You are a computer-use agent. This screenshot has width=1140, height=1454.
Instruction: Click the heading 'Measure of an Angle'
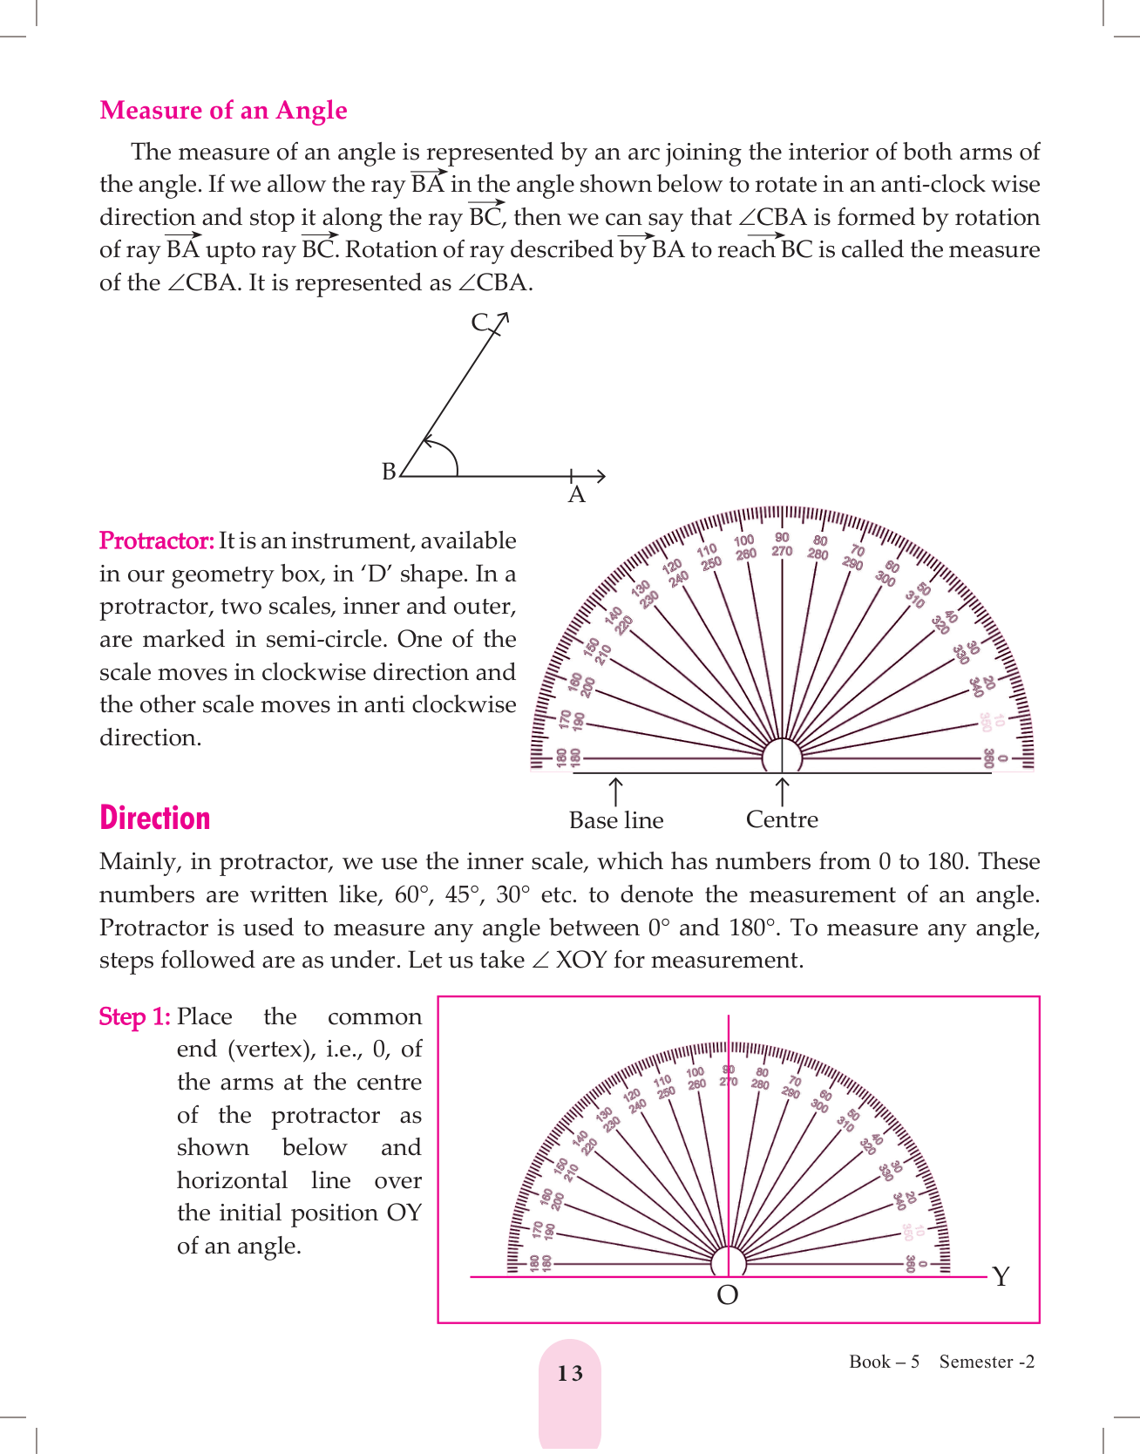tap(223, 111)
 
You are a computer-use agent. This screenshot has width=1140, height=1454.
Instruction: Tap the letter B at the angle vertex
tap(389, 472)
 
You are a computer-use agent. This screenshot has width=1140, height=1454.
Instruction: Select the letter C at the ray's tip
tap(479, 323)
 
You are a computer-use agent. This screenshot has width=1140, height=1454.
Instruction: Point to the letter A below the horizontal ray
tap(576, 495)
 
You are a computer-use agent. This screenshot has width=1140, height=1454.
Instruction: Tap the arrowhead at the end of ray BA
tap(600, 476)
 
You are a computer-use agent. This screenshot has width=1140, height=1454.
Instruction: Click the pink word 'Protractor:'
tap(156, 541)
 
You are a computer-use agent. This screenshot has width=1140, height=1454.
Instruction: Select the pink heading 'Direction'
tap(154, 819)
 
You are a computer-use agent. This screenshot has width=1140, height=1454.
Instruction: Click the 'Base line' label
tap(616, 820)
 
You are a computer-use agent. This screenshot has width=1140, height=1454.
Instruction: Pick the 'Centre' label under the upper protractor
tap(782, 819)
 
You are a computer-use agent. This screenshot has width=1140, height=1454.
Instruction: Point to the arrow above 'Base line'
tap(615, 792)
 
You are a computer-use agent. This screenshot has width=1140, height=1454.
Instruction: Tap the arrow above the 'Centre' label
tap(783, 791)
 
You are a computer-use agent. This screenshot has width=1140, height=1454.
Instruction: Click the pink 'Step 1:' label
tap(134, 1017)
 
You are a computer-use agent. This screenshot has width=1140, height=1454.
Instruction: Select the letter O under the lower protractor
tap(727, 1295)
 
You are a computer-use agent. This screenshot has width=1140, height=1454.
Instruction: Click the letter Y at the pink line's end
tap(1001, 1277)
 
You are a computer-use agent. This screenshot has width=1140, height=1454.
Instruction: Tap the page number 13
tap(570, 1374)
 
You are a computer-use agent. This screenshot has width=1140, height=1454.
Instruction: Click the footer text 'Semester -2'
tap(987, 1362)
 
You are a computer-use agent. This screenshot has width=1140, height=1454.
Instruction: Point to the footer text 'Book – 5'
tap(884, 1362)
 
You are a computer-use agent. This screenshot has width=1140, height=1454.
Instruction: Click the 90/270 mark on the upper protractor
tap(782, 545)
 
